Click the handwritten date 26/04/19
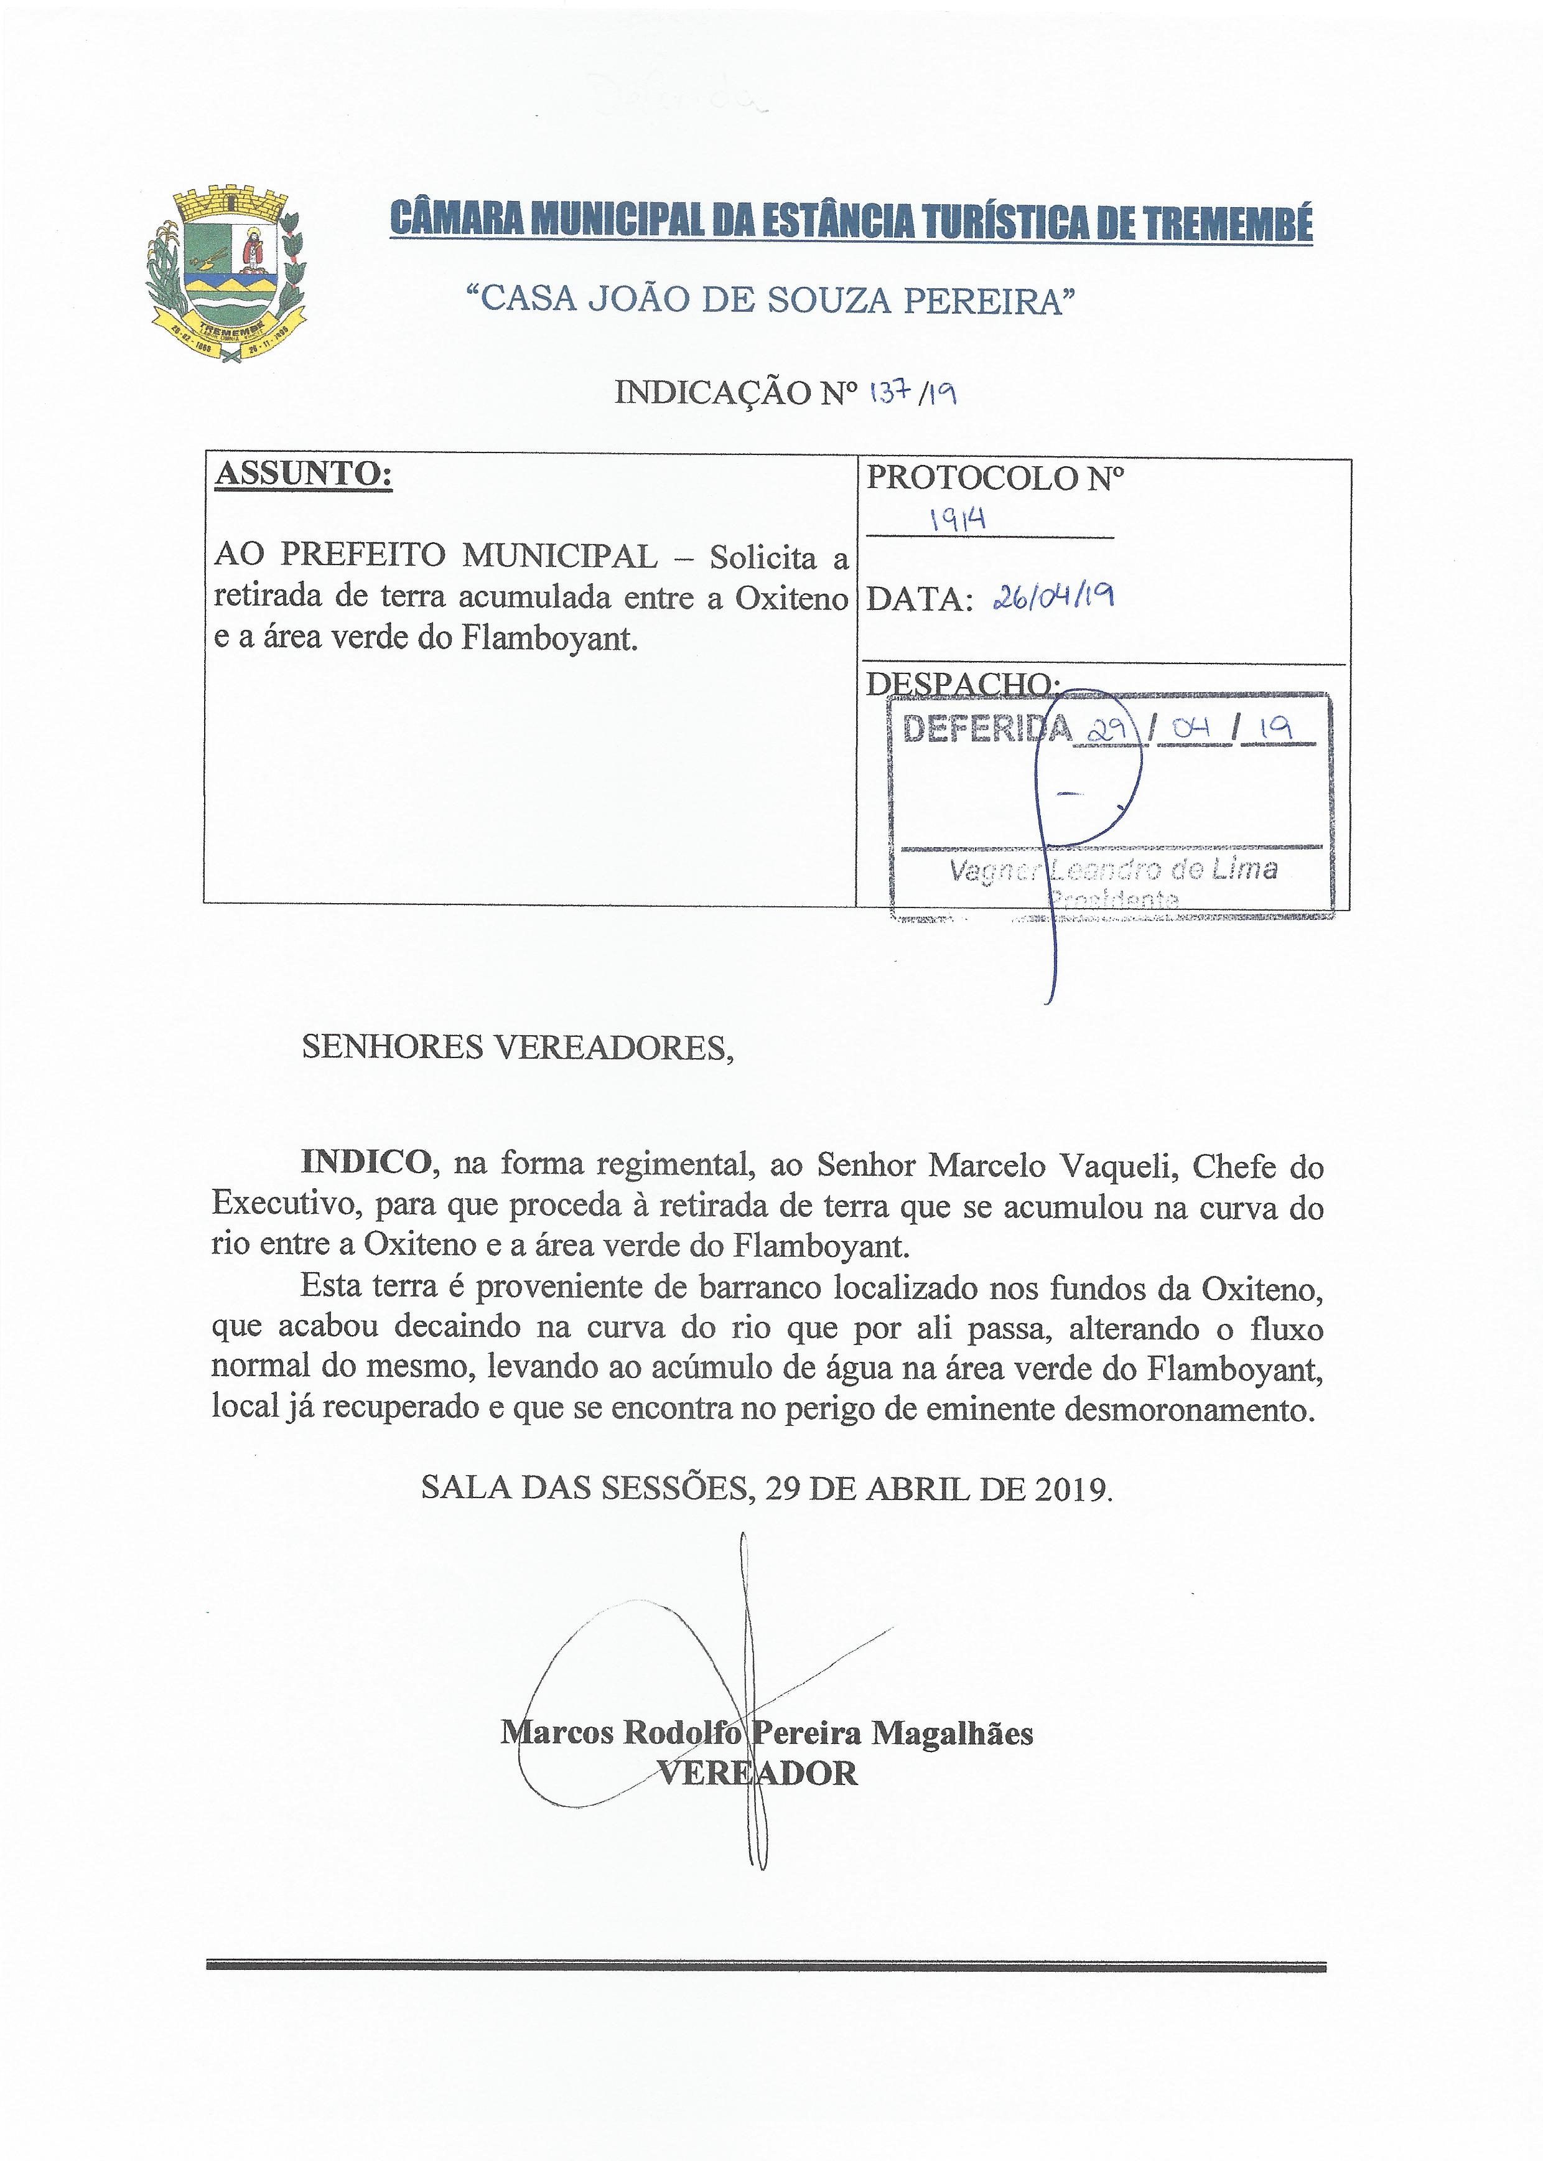click(1051, 597)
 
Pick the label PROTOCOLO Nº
click(994, 478)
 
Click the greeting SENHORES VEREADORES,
click(517, 1048)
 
